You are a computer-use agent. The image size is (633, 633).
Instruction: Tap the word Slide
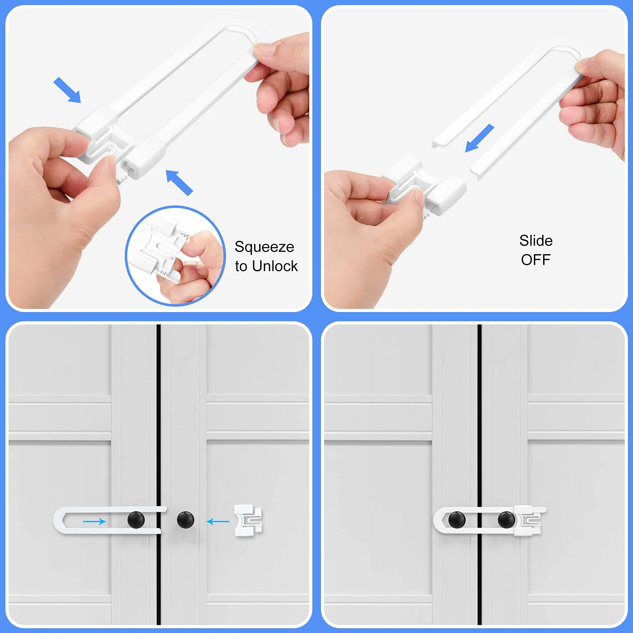(536, 241)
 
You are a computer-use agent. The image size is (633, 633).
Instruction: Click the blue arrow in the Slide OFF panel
(479, 138)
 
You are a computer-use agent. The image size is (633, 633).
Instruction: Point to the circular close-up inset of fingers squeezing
(175, 256)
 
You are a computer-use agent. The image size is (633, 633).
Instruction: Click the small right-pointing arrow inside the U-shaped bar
(94, 521)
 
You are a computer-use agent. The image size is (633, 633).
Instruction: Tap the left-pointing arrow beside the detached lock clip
(218, 521)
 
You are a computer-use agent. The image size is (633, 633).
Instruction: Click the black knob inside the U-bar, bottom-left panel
(136, 520)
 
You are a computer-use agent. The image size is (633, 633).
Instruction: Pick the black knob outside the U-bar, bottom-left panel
(185, 520)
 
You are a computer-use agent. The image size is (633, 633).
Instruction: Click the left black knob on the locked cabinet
(457, 520)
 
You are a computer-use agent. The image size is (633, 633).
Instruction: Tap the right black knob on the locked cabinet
(506, 520)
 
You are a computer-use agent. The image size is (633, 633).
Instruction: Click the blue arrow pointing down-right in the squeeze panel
(67, 90)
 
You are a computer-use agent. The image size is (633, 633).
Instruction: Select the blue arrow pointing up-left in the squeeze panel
(179, 183)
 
